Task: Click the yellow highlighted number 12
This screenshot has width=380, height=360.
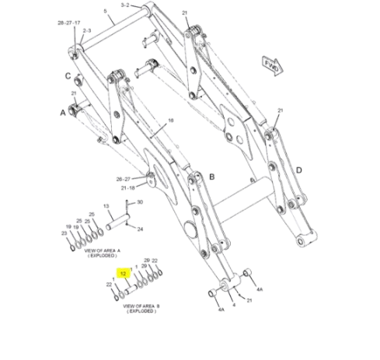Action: click(123, 274)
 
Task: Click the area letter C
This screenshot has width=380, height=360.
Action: click(68, 75)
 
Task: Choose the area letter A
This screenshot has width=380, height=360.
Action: click(62, 112)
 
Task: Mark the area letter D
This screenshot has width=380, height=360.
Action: click(298, 170)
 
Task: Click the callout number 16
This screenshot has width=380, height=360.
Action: click(171, 121)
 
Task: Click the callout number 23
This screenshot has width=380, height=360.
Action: click(64, 232)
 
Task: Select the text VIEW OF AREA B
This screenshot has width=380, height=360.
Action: click(141, 306)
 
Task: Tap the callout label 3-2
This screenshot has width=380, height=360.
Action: click(125, 5)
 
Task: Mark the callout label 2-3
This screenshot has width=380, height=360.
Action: click(87, 31)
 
